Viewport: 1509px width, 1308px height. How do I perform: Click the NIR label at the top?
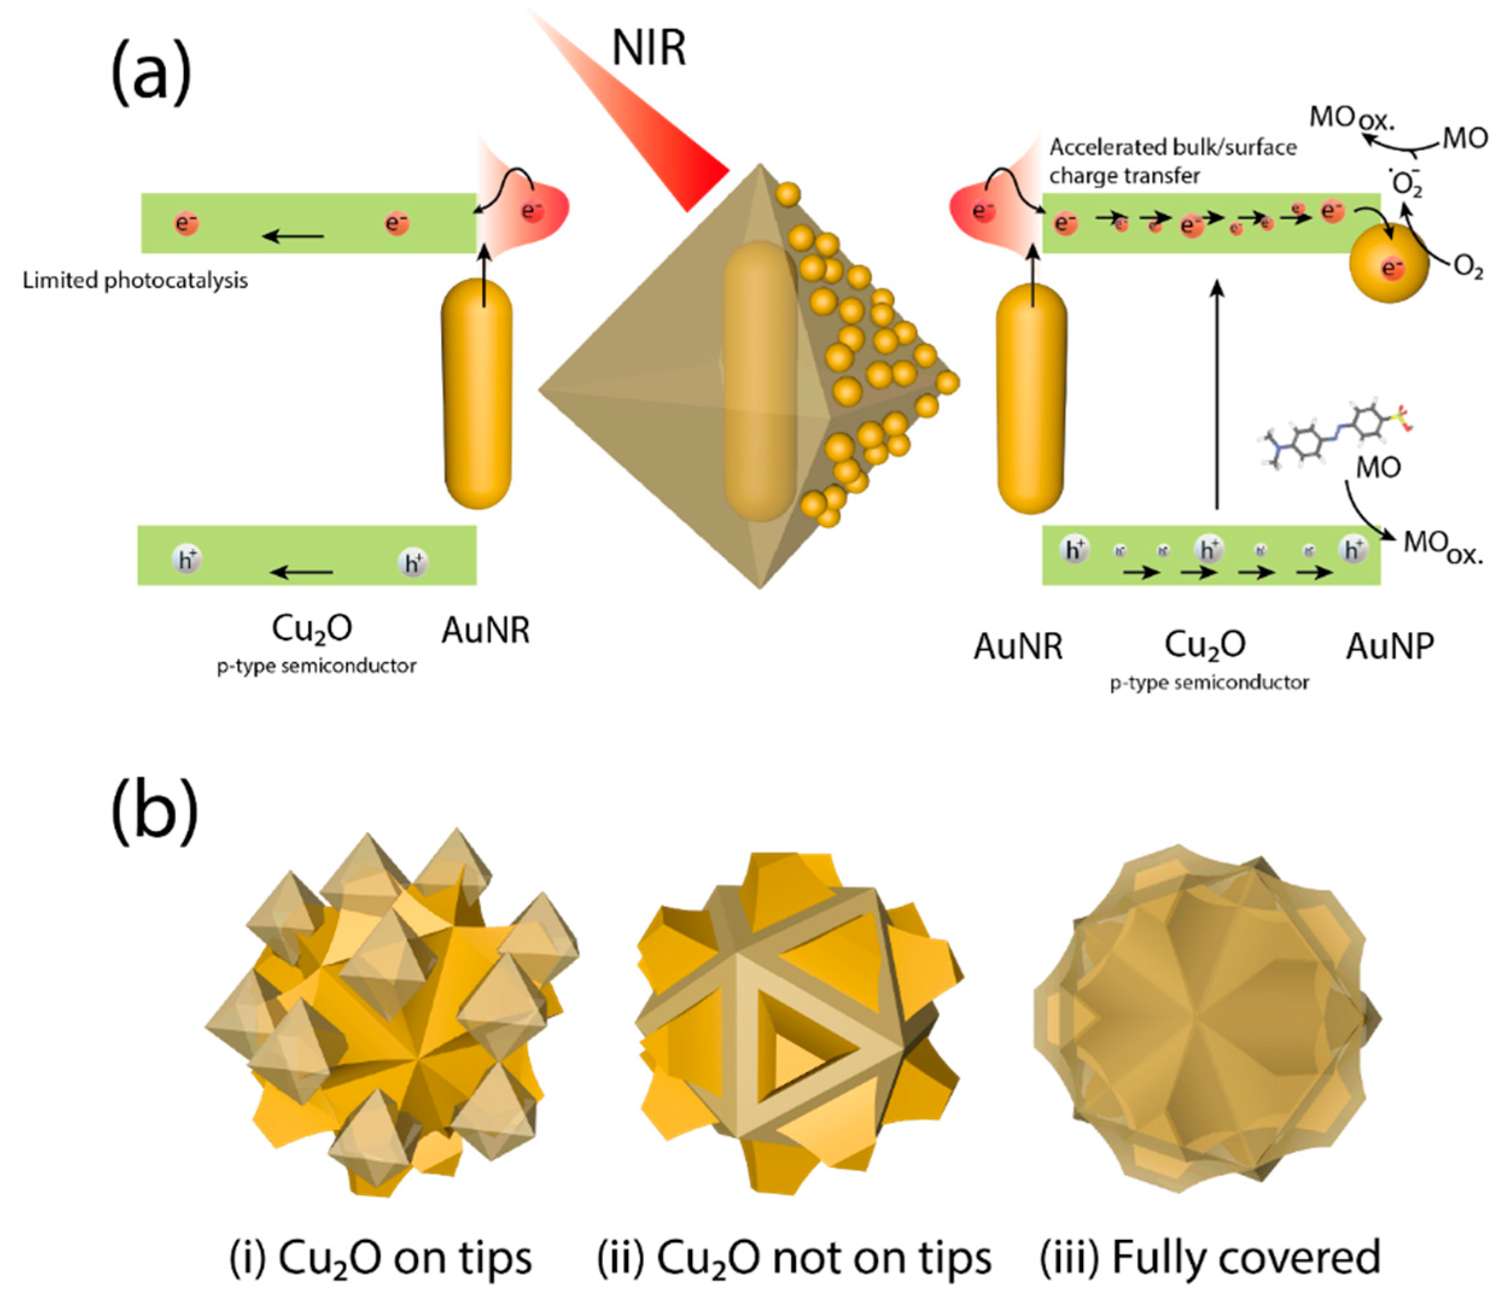click(x=649, y=49)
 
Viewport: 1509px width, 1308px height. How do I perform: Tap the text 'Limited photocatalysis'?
click(x=135, y=280)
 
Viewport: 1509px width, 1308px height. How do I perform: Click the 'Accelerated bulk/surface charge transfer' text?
click(x=1172, y=161)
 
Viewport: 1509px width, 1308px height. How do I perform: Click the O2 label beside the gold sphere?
click(x=1467, y=268)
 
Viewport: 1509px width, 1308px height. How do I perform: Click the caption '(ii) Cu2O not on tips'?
click(x=794, y=1257)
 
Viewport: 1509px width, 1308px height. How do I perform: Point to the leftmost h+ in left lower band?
click(x=186, y=559)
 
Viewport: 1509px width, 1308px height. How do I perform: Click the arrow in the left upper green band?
click(x=294, y=236)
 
